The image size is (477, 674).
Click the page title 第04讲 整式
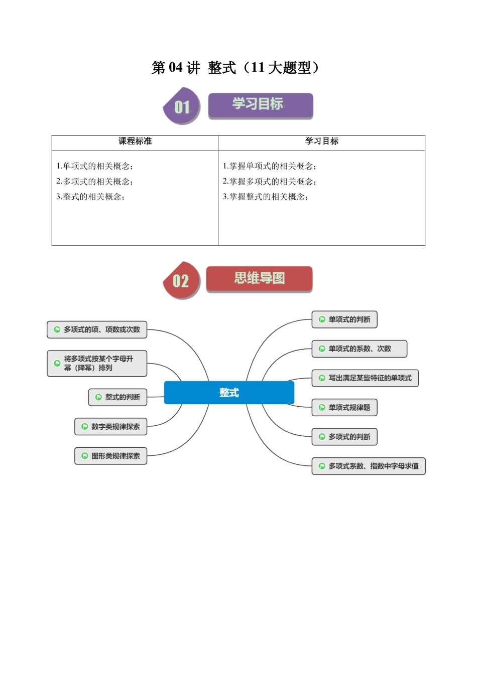(x=235, y=68)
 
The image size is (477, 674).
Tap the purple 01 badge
(x=181, y=106)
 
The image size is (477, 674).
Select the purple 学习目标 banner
(x=260, y=105)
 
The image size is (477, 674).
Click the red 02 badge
(x=181, y=280)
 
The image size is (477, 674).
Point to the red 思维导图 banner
(x=259, y=279)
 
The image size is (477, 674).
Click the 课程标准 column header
(x=135, y=141)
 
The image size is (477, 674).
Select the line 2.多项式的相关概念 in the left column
(x=94, y=182)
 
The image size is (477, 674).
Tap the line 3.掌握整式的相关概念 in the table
(x=265, y=197)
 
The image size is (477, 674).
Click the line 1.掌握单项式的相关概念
(x=269, y=166)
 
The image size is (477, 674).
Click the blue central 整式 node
(x=229, y=393)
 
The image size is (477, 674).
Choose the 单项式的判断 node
(x=344, y=319)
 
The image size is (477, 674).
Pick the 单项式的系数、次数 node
(x=359, y=349)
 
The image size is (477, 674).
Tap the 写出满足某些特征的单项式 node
(x=365, y=378)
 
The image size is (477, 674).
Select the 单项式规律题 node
(x=344, y=408)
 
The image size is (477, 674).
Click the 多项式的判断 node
(x=344, y=437)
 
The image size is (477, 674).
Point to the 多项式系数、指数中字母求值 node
(x=369, y=466)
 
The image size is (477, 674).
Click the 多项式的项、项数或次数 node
(x=97, y=329)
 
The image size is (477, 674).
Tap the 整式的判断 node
(x=118, y=397)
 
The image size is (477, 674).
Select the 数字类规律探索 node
(x=111, y=427)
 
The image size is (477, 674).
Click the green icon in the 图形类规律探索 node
(x=85, y=456)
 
